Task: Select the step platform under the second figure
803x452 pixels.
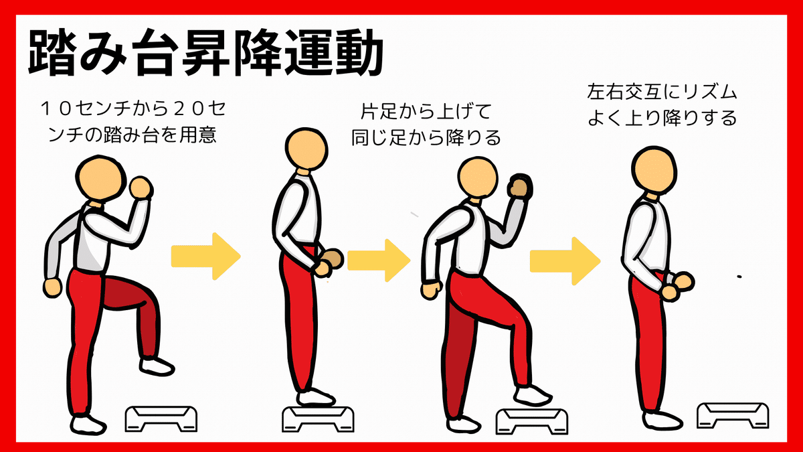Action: click(317, 418)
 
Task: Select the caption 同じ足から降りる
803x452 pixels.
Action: click(426, 139)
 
